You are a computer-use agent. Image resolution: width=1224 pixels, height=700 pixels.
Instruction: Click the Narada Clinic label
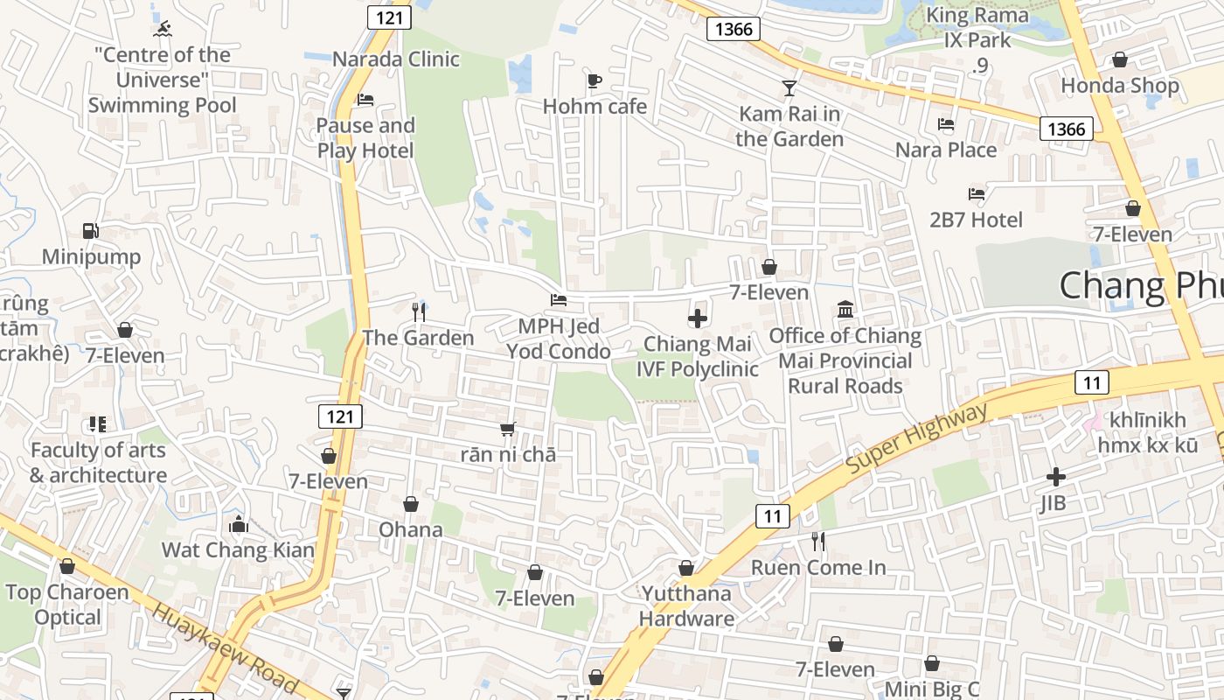point(396,59)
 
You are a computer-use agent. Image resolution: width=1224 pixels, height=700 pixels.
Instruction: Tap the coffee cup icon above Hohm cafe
point(595,80)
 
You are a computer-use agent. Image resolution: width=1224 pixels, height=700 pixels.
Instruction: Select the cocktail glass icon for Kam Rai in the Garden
point(789,87)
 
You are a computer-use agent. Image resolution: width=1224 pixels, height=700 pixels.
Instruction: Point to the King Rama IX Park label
point(978,28)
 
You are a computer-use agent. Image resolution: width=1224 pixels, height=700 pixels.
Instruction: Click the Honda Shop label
point(1119,86)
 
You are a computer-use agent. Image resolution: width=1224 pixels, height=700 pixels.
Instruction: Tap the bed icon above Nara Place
point(946,124)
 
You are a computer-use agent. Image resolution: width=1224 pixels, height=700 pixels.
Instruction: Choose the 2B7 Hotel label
point(976,220)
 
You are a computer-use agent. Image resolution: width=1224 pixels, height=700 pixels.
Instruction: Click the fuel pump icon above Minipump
point(90,231)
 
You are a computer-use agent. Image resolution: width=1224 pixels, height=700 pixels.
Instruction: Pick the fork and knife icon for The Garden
point(419,311)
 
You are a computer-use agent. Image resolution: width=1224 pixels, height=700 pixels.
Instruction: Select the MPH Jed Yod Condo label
point(559,339)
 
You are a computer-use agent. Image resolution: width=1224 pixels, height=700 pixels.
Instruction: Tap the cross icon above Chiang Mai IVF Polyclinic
point(697,318)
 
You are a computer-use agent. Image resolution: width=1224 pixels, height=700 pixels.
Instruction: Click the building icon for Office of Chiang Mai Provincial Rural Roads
point(845,310)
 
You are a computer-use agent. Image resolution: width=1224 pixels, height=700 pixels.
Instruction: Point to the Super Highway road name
point(916,440)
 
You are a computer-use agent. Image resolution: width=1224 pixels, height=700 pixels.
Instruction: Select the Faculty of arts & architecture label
point(98,463)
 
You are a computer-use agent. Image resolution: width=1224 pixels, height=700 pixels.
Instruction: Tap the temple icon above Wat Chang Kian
point(238,525)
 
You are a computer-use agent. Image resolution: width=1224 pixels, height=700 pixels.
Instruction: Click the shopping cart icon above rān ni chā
point(507,430)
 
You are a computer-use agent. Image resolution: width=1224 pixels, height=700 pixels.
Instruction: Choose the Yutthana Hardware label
point(686,606)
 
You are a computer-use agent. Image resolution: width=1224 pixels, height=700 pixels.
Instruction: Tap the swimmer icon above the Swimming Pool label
point(162,30)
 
